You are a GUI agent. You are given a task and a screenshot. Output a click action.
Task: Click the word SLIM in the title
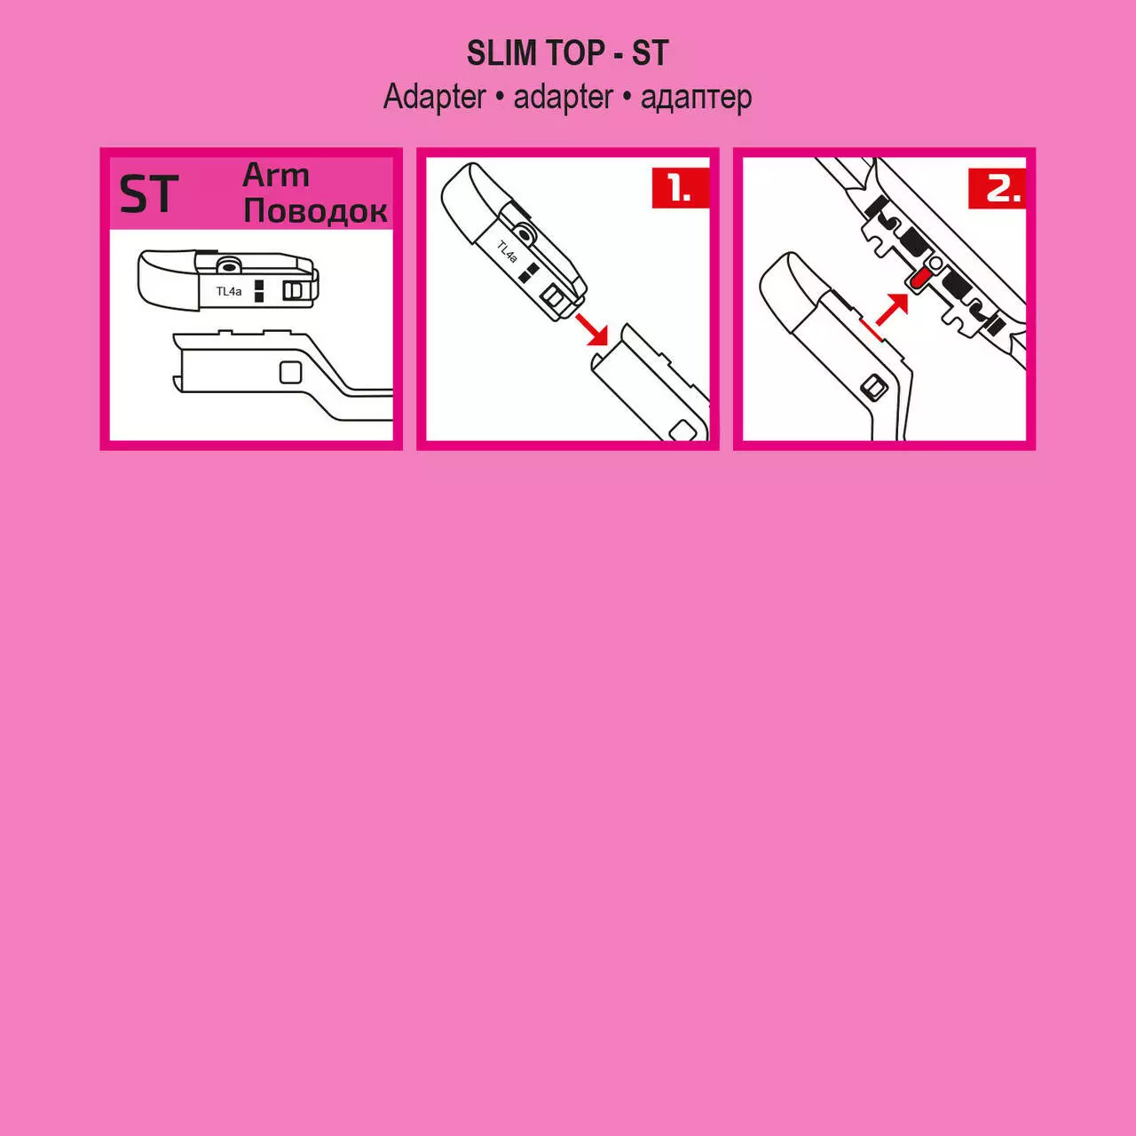[x=502, y=53]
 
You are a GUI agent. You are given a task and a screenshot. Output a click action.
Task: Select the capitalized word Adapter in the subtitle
[x=435, y=98]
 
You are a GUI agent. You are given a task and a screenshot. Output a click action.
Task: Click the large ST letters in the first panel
[x=148, y=194]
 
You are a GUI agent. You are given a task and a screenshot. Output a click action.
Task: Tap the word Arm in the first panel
[x=276, y=175]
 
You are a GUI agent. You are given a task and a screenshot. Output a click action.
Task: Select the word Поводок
[x=315, y=210]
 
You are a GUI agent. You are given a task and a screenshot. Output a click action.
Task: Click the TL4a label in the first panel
[x=229, y=291]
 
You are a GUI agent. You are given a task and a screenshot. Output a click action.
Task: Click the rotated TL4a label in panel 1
[x=507, y=251]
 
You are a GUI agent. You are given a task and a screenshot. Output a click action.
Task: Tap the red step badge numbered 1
[x=681, y=188]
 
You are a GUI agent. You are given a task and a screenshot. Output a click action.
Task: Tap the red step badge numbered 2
[x=997, y=188]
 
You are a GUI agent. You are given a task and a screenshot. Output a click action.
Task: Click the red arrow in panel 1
[x=591, y=329]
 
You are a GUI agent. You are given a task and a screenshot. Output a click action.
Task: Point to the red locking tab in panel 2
[x=919, y=280]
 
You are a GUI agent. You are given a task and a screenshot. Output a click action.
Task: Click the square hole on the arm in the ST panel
[x=290, y=372]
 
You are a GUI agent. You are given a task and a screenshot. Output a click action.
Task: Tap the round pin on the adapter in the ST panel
[x=226, y=266]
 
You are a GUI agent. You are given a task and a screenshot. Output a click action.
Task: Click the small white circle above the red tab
[x=935, y=262]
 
